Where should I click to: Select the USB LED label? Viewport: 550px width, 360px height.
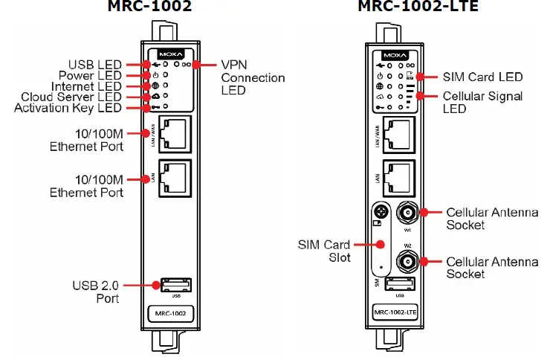point(94,65)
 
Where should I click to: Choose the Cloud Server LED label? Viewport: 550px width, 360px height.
point(71,97)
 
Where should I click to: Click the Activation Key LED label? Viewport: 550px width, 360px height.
point(68,109)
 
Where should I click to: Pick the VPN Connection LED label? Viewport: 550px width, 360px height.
point(253,77)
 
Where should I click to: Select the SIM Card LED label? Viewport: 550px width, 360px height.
point(482,77)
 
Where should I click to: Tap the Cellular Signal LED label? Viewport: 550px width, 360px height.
point(482,102)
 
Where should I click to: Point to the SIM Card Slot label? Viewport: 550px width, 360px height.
point(325,250)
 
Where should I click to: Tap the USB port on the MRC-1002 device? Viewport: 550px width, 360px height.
point(175,284)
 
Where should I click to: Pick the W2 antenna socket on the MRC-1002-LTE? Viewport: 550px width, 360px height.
point(406,261)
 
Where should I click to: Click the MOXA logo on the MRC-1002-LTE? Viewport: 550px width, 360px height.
point(395,56)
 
